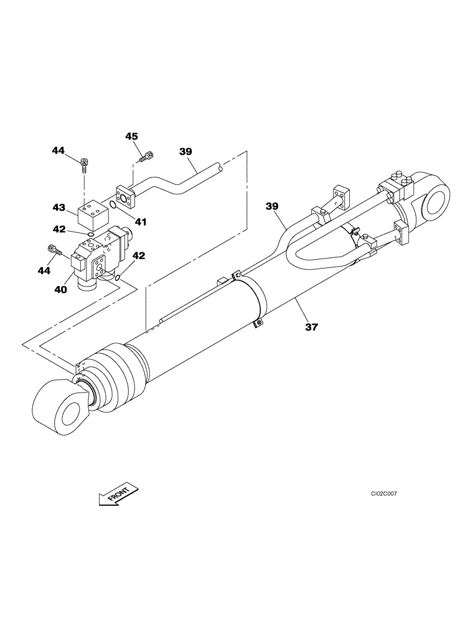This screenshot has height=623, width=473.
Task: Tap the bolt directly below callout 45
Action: coord(148,156)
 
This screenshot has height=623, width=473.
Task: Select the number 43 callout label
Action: coord(59,206)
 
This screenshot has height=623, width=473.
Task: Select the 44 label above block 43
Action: coord(59,150)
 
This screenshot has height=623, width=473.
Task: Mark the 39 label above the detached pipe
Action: coord(185,151)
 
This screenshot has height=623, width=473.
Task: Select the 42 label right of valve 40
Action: coord(139,255)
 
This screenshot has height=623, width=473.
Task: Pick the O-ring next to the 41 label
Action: coord(111,205)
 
